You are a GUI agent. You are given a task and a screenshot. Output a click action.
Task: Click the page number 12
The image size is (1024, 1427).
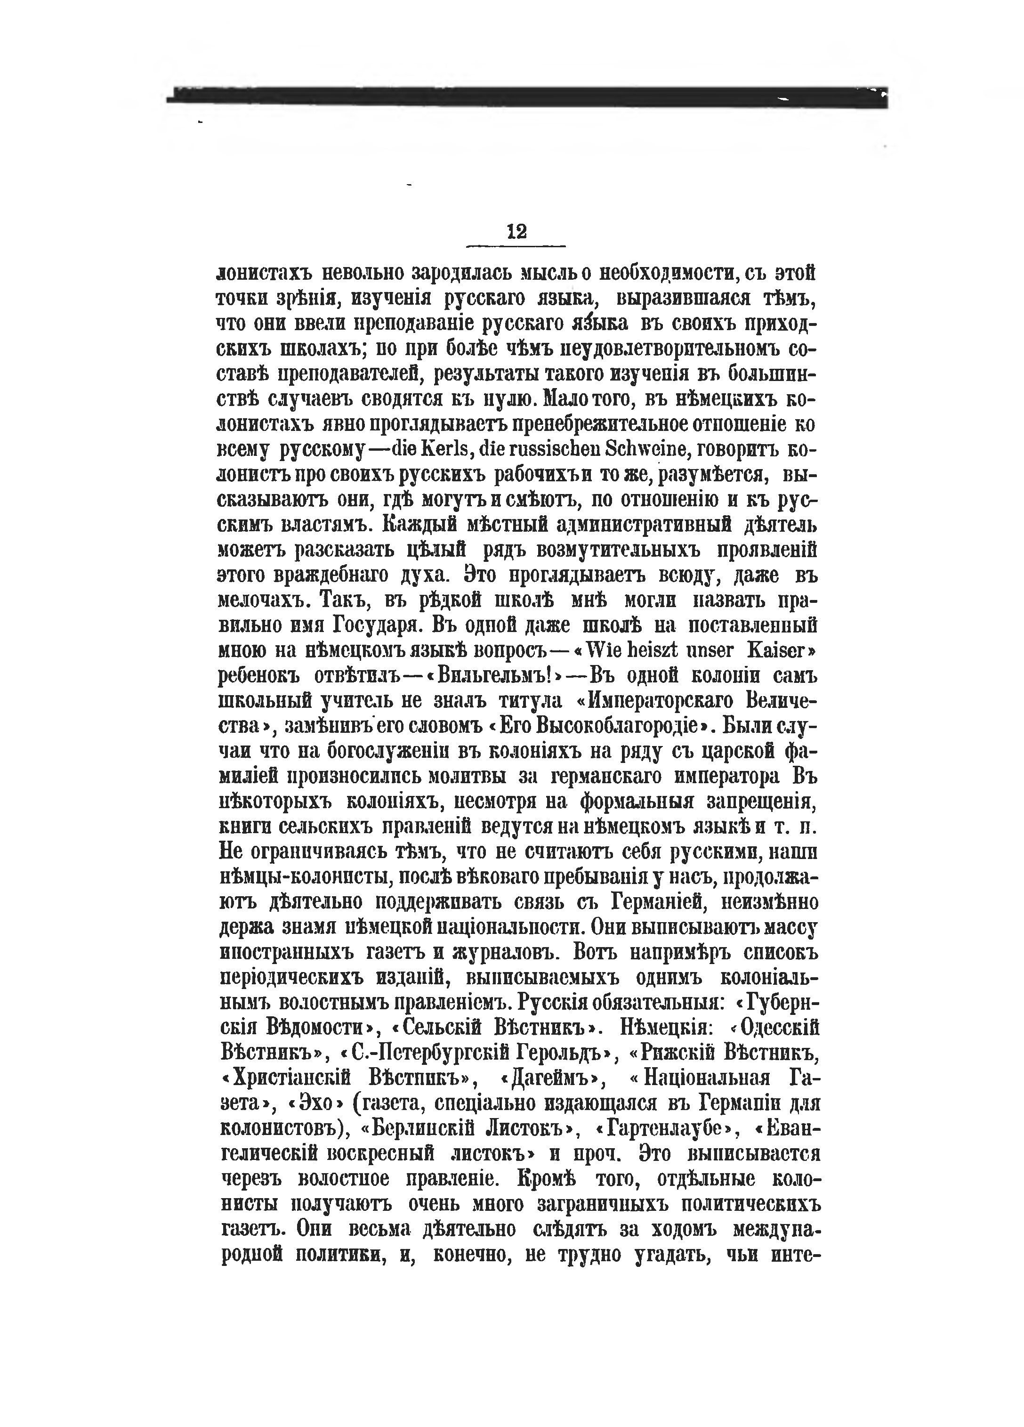516,232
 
